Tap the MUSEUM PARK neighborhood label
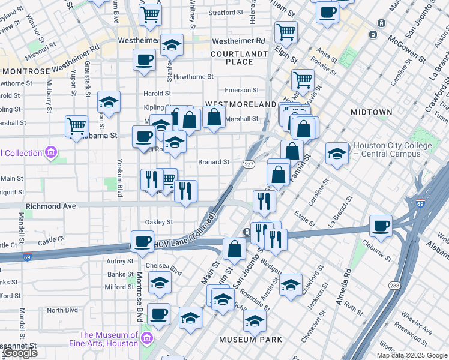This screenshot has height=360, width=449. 250,340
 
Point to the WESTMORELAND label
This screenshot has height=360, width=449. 240,104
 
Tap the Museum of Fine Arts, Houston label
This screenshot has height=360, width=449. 109,339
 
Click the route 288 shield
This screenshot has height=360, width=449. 394,286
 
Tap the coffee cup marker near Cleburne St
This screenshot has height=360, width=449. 381,226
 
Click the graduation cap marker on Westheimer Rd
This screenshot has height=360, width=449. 172,46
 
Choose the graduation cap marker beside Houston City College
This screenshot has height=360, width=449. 337,153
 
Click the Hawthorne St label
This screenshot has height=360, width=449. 194,77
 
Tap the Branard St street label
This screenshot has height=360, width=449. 214,162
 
